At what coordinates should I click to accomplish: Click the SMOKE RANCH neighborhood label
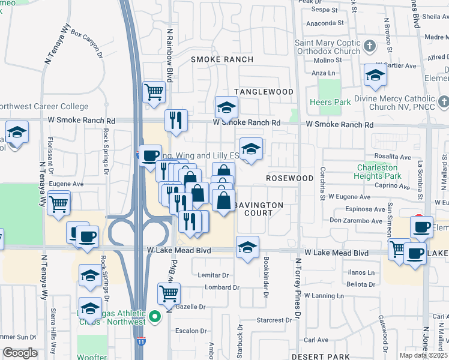click(x=223, y=60)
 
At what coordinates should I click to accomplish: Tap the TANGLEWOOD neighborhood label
click(x=264, y=92)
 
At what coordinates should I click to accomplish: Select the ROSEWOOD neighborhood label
click(x=290, y=179)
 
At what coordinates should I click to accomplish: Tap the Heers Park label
click(x=331, y=103)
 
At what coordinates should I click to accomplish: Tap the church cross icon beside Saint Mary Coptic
click(x=370, y=45)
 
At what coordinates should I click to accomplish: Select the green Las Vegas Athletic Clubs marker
click(x=155, y=316)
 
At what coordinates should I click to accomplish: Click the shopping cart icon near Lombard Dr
click(x=169, y=293)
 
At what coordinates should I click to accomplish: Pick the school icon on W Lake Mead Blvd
click(x=247, y=247)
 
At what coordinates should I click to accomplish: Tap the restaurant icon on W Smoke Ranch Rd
click(x=176, y=119)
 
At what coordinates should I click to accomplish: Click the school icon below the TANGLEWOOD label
click(x=226, y=108)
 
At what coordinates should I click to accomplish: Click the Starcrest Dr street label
click(x=274, y=320)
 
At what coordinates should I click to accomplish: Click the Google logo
click(x=20, y=352)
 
